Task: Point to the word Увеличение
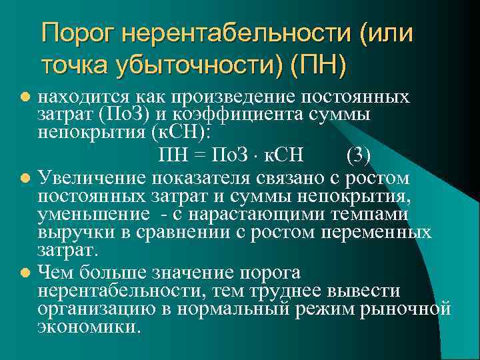click(93, 178)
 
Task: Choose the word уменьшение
click(93, 214)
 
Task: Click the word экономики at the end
click(89, 328)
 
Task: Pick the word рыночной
click(410, 309)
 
